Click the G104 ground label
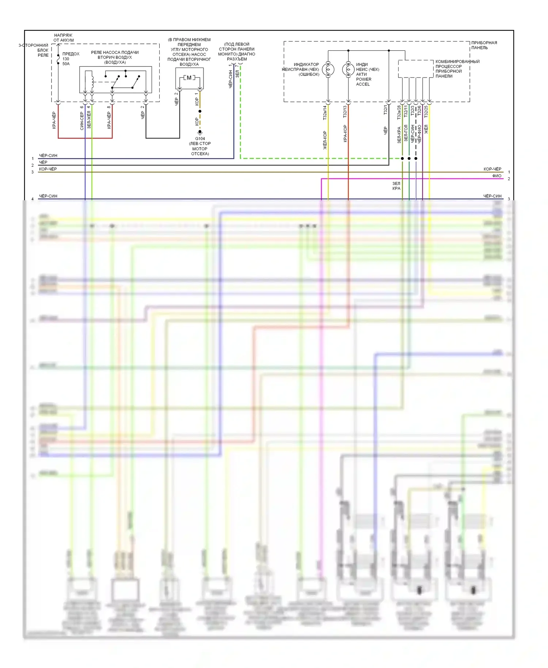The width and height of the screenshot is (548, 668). click(x=200, y=138)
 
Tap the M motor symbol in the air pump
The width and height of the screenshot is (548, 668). click(x=189, y=78)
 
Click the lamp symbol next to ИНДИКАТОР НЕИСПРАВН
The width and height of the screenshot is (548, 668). click(x=328, y=69)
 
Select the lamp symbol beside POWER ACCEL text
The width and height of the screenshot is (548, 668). click(x=348, y=69)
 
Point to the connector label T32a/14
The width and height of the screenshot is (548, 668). click(x=324, y=113)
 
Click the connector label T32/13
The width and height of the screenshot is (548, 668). click(x=345, y=111)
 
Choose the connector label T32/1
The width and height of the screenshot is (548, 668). click(x=385, y=110)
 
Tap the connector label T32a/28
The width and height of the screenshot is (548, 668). click(x=399, y=112)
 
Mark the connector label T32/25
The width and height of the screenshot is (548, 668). click(x=426, y=111)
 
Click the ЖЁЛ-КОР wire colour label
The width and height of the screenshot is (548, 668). click(x=325, y=140)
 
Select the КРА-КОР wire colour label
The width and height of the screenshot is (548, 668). click(x=345, y=134)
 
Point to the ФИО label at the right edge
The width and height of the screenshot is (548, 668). click(x=496, y=176)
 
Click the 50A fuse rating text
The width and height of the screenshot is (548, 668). click(x=66, y=64)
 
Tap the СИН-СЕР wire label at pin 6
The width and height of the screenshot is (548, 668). click(x=82, y=121)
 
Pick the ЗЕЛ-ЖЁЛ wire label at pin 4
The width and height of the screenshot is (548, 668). click(x=89, y=119)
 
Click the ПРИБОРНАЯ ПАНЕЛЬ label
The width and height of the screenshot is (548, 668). click(x=484, y=45)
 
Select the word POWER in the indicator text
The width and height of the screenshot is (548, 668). click(x=364, y=79)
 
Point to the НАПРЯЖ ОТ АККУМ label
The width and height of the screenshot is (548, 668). click(x=63, y=38)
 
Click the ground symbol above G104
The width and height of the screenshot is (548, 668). click(x=200, y=132)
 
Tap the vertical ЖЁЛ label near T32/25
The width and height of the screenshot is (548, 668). click(x=426, y=129)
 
